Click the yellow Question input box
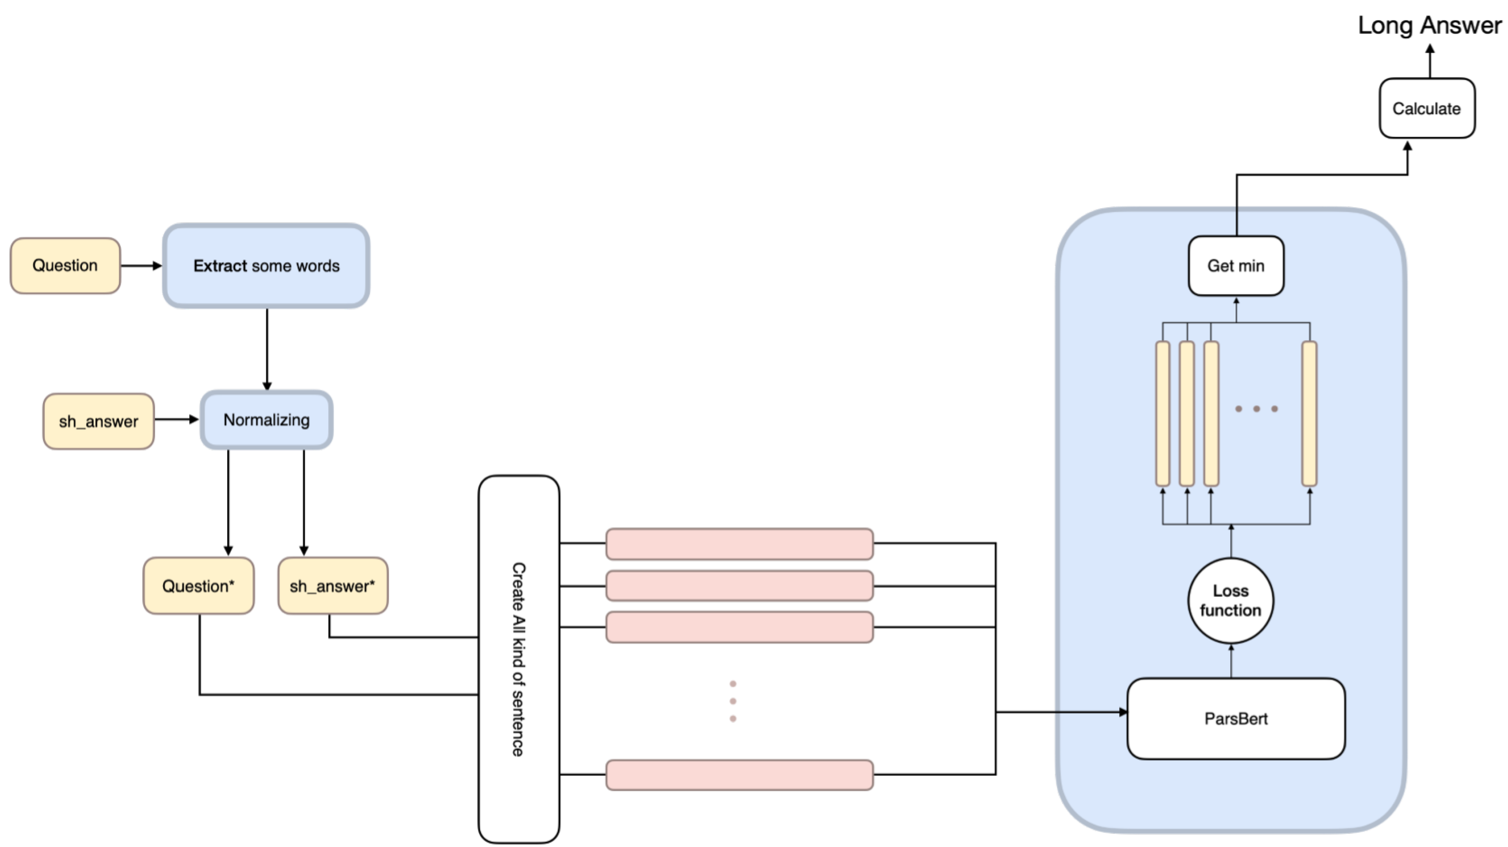(x=65, y=265)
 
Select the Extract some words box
(x=266, y=265)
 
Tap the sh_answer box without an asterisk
(x=99, y=421)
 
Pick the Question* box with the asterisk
(x=198, y=586)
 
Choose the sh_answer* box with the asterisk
(x=333, y=586)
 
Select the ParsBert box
(x=1236, y=719)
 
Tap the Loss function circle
(x=1230, y=601)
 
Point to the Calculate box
(x=1427, y=108)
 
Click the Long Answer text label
(x=1429, y=25)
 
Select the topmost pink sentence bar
(x=739, y=543)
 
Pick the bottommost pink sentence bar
(x=739, y=775)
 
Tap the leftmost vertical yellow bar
(x=1163, y=414)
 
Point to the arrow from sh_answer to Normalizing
(x=177, y=419)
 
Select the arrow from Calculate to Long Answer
(x=1430, y=61)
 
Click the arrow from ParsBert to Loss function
(x=1231, y=661)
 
